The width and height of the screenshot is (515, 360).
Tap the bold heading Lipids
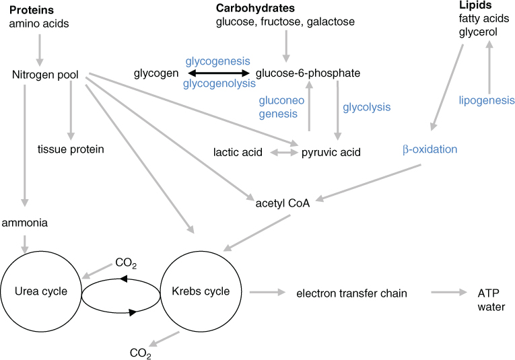[472, 5]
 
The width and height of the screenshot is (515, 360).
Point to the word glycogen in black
[156, 73]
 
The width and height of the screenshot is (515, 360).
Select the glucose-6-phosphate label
[308, 73]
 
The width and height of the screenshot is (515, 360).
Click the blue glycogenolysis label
[219, 84]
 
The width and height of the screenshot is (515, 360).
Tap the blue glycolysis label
[367, 107]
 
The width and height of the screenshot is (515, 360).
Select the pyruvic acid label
[331, 153]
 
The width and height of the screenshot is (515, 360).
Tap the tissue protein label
[71, 149]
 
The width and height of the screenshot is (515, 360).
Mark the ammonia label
[24, 221]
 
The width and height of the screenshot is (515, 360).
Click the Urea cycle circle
[41, 291]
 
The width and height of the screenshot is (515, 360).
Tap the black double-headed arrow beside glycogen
[218, 73]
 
